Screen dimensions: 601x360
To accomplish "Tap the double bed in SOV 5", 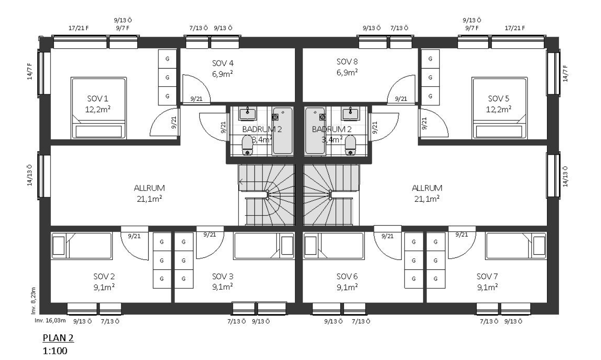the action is point(499,108).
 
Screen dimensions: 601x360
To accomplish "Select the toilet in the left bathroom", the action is point(247,145).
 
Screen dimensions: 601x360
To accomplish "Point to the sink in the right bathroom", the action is point(350,113).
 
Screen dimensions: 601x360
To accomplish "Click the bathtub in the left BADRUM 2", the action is point(282,131).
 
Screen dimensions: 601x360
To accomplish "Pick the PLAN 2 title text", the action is point(58,338).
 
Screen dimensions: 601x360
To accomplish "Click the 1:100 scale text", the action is point(55,351).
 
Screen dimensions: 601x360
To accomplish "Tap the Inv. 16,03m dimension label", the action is point(50,321).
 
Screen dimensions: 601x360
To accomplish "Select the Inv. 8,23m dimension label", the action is point(33,300).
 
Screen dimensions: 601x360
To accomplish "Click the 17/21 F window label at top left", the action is point(79,28).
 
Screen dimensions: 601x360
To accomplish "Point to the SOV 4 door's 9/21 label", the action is point(196,99).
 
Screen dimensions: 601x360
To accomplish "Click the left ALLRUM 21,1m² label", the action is point(149,193).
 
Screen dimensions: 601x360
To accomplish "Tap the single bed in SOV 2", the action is point(82,246).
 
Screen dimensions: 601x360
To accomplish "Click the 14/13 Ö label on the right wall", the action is point(565,176).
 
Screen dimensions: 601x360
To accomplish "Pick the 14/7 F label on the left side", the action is point(30,71).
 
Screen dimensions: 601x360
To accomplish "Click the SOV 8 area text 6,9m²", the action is point(347,73).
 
